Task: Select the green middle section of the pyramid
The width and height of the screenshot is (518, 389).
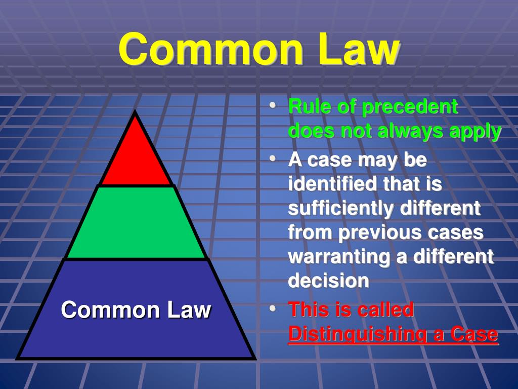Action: click(136, 223)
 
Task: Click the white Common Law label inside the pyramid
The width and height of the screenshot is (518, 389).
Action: click(136, 309)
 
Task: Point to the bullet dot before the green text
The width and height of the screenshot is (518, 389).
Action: click(273, 107)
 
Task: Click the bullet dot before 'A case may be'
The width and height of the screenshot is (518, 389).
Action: click(273, 160)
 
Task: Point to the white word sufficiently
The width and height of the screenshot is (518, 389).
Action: click(336, 208)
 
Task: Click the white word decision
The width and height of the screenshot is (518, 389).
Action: click(328, 281)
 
